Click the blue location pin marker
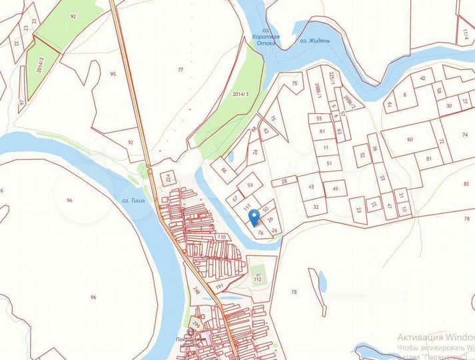click(x=254, y=217)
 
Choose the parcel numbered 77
click(x=180, y=69)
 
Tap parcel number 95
click(x=113, y=74)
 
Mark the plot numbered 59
click(x=250, y=185)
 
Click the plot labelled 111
click(x=246, y=207)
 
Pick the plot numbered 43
click(x=311, y=187)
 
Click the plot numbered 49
click(x=335, y=189)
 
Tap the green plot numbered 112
click(x=258, y=278)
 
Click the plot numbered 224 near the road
click(x=167, y=178)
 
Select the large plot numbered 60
click(x=410, y=139)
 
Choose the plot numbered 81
click(x=428, y=159)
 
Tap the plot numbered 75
click(x=294, y=83)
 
